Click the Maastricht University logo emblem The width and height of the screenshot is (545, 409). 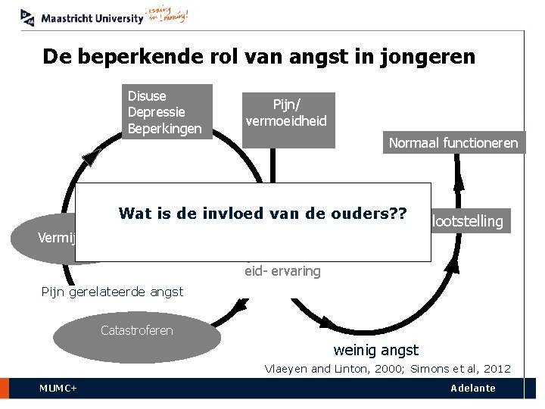tap(28, 17)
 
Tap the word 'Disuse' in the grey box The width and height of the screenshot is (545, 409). tap(148, 96)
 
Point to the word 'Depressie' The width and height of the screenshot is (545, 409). tap(157, 112)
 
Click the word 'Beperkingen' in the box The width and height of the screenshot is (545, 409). tap(165, 128)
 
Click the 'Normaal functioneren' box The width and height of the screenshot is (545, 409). tap(453, 142)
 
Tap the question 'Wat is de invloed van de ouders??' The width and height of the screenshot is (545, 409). tap(262, 214)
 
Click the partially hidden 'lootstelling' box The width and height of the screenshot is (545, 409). tap(467, 221)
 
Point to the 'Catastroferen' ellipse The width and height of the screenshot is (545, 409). tap(136, 330)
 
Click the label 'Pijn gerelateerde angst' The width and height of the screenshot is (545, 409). tap(111, 292)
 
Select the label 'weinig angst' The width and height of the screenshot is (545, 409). tap(375, 350)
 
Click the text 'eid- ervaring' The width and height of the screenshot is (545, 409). tap(282, 271)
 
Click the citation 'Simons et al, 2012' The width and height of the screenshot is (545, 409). tap(460, 369)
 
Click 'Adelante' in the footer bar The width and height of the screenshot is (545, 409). tap(472, 389)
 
